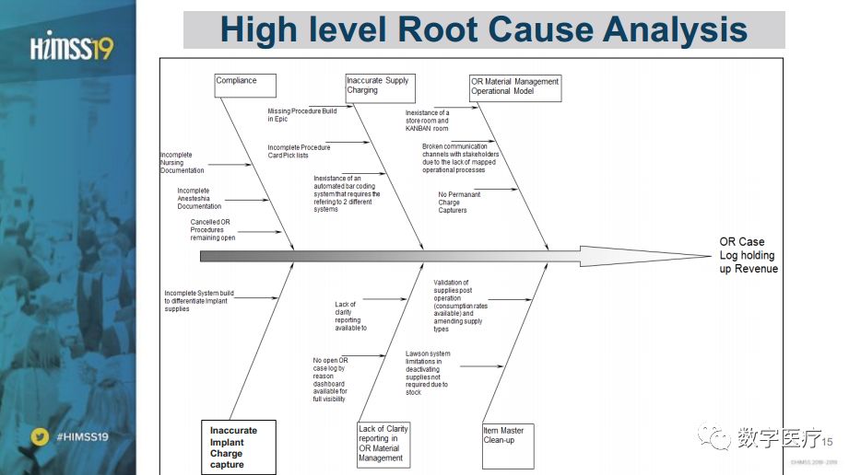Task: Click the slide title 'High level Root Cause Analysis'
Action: pyautogui.click(x=484, y=29)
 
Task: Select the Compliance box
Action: pyautogui.click(x=244, y=86)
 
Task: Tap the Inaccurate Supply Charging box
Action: pyautogui.click(x=380, y=87)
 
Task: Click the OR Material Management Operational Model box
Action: pyautogui.click(x=514, y=87)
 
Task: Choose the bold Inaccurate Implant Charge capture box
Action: pyautogui.click(x=238, y=447)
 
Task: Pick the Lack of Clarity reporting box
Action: pyautogui.click(x=383, y=443)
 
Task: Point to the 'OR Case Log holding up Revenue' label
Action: pyautogui.click(x=748, y=255)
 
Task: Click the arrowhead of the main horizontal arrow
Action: pyautogui.click(x=645, y=255)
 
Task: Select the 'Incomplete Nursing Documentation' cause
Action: pyautogui.click(x=183, y=163)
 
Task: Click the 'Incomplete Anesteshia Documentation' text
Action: pyautogui.click(x=199, y=199)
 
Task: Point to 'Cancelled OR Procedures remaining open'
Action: pyautogui.click(x=214, y=229)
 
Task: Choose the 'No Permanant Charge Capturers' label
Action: pyautogui.click(x=461, y=203)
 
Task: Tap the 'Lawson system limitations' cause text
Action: pyautogui.click(x=429, y=372)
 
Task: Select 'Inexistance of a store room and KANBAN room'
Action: pyautogui.click(x=428, y=121)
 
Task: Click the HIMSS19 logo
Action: pyautogui.click(x=71, y=42)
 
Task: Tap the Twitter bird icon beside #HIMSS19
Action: pyautogui.click(x=39, y=436)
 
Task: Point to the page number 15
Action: pyautogui.click(x=826, y=440)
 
